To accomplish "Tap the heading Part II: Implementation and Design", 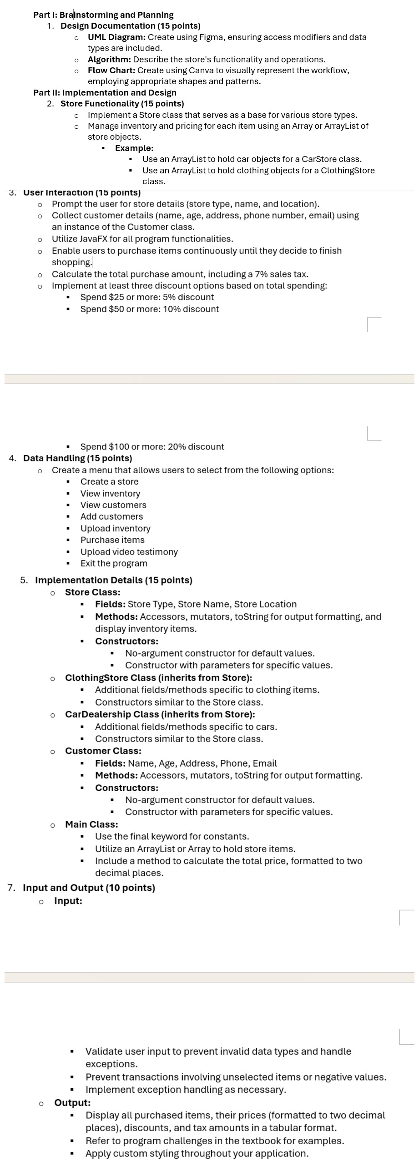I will (x=105, y=93).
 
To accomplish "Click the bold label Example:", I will (x=134, y=148).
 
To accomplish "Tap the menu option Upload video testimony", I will (x=129, y=552).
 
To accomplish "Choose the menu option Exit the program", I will (x=114, y=563).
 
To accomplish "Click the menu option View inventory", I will (x=110, y=494).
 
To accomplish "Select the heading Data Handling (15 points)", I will (x=77, y=458).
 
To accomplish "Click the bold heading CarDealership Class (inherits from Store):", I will (x=160, y=714).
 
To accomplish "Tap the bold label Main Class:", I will (x=91, y=824).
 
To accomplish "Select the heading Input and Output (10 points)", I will (x=89, y=888).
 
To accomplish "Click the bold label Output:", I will (x=72, y=1102).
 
